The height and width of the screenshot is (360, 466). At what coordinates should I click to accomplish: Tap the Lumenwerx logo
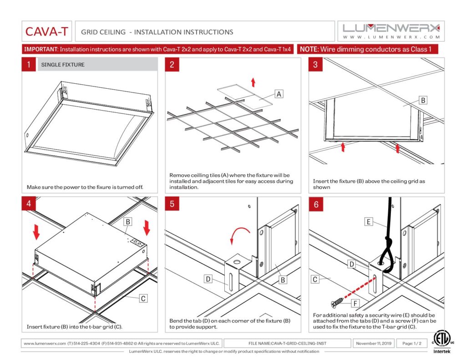pyautogui.click(x=391, y=31)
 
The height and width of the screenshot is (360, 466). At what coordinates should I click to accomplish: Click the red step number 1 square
pyautogui.click(x=29, y=65)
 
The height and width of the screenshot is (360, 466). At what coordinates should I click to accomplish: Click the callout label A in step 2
pyautogui.click(x=279, y=94)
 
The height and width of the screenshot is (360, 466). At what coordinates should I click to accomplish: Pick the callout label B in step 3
pyautogui.click(x=423, y=100)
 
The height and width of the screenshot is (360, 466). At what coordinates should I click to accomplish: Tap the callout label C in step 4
pyautogui.click(x=143, y=299)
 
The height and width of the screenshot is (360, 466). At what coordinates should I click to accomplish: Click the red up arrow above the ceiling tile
pyautogui.click(x=253, y=82)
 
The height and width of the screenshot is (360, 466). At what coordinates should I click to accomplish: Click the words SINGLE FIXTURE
pyautogui.click(x=63, y=65)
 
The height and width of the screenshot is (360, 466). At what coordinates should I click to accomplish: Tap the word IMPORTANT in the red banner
pyautogui.click(x=41, y=49)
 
